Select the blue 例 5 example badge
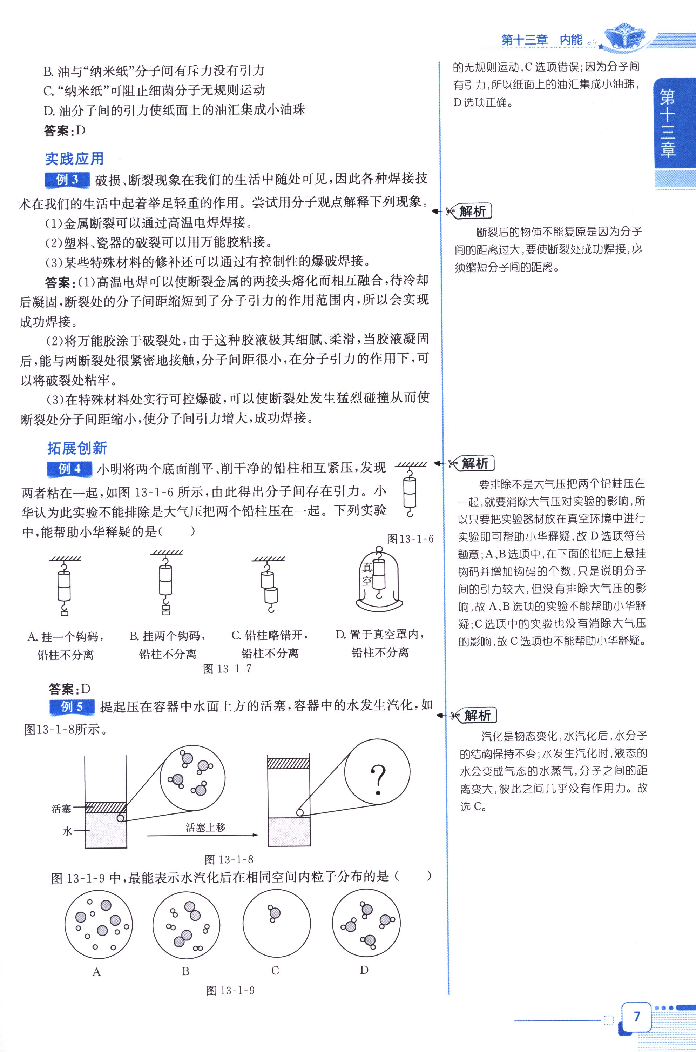(72, 706)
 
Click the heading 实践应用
(75, 159)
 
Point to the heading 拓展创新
(77, 448)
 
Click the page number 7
(637, 1017)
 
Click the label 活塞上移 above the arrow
(205, 827)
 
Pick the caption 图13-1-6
(410, 539)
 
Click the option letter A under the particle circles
(97, 972)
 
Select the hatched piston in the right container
(289, 763)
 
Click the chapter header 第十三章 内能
(541, 40)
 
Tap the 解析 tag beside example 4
(474, 464)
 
